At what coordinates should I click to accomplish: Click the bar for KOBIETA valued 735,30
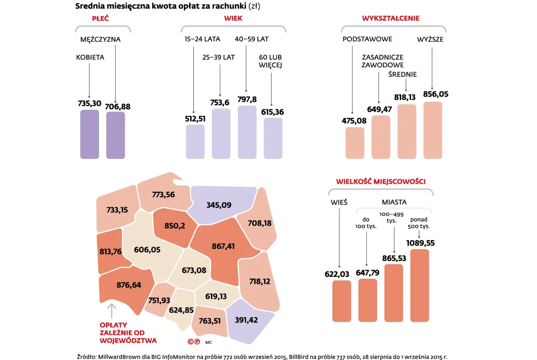[x=89, y=134]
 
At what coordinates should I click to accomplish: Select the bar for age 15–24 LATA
[x=195, y=141]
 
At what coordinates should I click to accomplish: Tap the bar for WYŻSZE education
[x=433, y=130]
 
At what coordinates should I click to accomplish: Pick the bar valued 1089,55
[x=420, y=285]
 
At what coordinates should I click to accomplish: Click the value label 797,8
[x=247, y=99]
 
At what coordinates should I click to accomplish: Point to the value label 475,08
[x=354, y=121]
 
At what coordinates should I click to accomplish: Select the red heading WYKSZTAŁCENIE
[x=390, y=18]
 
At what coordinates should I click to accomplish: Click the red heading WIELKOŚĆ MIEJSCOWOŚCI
[x=381, y=181]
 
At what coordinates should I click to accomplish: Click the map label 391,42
[x=246, y=320]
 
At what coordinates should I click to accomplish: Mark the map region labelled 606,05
[x=148, y=250]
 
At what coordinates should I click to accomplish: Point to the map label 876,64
[x=128, y=285]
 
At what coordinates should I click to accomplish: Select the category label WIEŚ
[x=339, y=202]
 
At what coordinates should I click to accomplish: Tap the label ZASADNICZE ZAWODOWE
[x=382, y=61]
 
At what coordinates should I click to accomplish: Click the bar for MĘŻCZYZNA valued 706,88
[x=115, y=135]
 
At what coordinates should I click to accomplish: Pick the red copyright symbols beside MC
[x=194, y=342]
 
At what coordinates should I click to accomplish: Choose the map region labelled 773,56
[x=163, y=195]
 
